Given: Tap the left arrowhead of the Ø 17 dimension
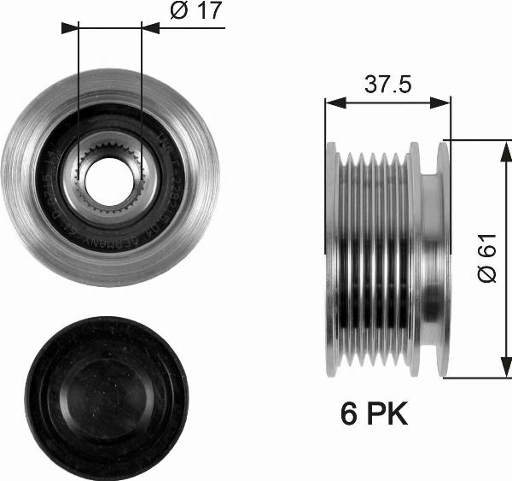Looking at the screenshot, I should (x=70, y=26).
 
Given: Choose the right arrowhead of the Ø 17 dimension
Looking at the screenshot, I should (x=150, y=26).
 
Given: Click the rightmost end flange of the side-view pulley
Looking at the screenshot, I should (x=442, y=258).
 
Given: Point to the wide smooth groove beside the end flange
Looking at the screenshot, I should (x=429, y=258).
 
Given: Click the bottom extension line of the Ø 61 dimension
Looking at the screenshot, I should (x=478, y=377).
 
